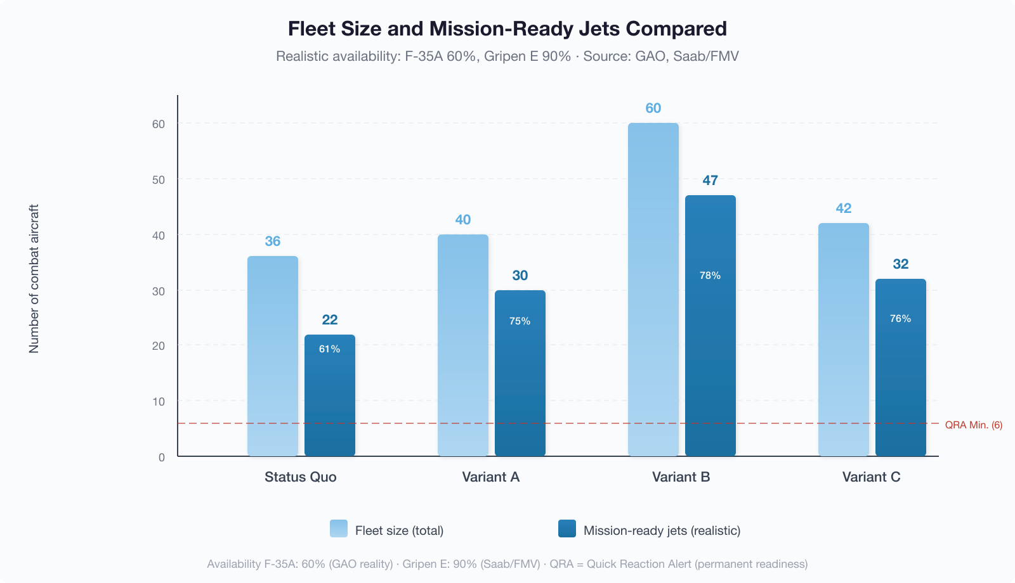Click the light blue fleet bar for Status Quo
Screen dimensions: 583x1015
273,356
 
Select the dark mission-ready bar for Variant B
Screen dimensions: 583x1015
710,355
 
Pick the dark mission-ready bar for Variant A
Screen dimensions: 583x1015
520,380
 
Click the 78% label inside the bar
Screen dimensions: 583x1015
710,276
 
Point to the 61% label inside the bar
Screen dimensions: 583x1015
329,349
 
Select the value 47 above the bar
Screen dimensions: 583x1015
710,181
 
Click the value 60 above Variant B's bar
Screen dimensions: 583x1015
653,108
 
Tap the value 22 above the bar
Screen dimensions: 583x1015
330,320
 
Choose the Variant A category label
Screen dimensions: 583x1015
490,477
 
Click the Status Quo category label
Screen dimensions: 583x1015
300,477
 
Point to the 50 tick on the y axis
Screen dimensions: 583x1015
159,180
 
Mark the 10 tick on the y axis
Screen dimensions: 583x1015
159,402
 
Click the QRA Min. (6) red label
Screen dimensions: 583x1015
973,425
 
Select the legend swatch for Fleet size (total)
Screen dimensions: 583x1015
339,529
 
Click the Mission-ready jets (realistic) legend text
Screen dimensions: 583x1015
662,531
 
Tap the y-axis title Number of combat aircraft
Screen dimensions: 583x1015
34,279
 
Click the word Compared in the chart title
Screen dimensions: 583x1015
676,29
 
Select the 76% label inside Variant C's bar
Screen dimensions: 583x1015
900,319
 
